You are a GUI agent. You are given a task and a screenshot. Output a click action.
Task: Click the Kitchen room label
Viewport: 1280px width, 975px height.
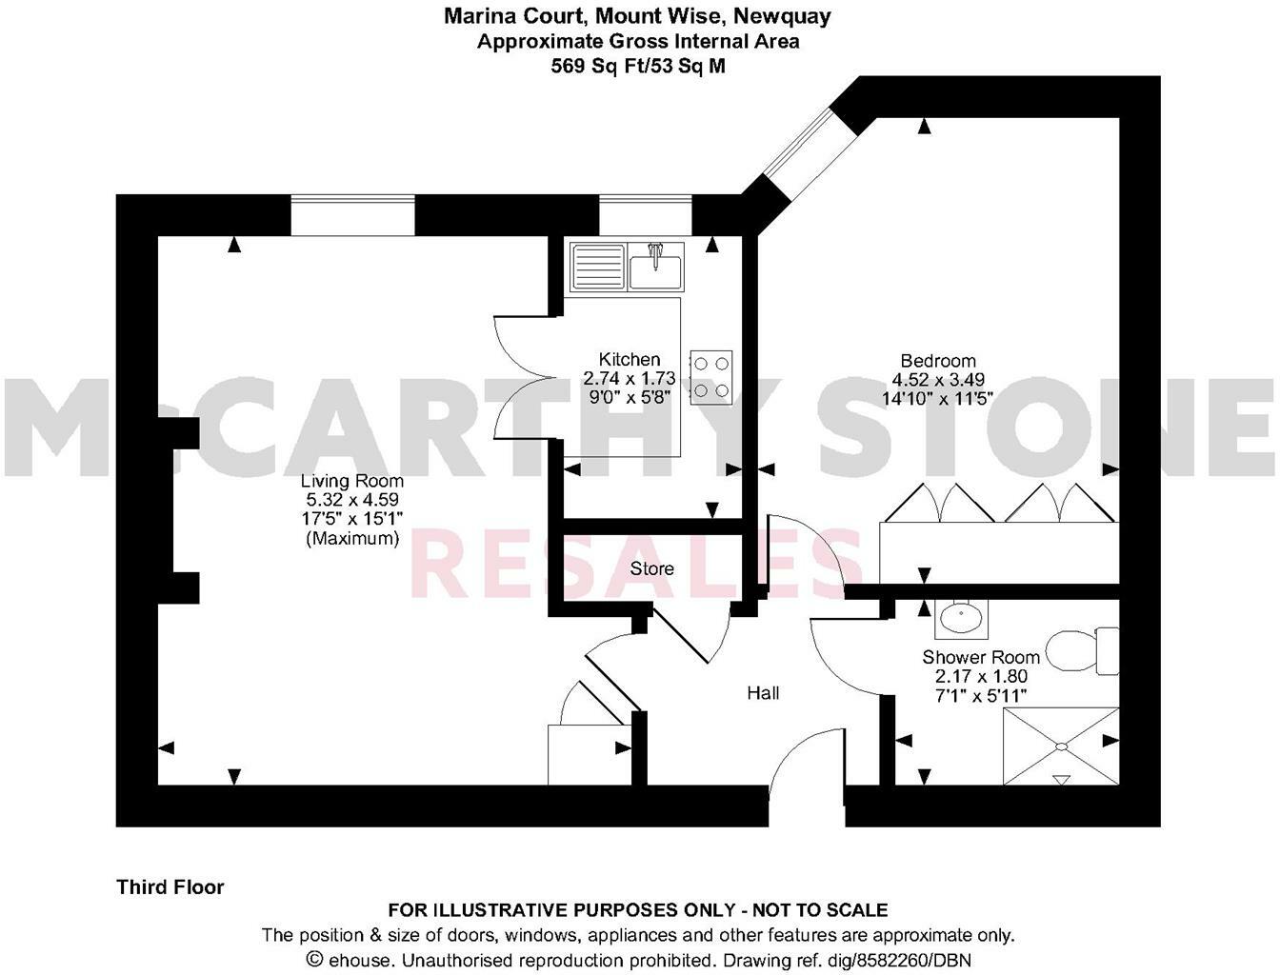pyautogui.click(x=629, y=360)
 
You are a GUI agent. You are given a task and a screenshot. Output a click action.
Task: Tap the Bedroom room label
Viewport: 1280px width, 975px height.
pyautogui.click(x=938, y=361)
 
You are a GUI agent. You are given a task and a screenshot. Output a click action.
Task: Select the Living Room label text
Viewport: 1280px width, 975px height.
pyautogui.click(x=351, y=481)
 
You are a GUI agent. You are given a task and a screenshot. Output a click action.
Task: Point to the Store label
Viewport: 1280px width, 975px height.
pyautogui.click(x=651, y=568)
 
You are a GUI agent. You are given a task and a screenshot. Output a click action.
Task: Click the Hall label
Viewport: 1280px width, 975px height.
pyautogui.click(x=763, y=693)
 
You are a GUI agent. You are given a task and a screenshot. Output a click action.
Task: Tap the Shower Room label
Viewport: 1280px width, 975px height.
pyautogui.click(x=980, y=657)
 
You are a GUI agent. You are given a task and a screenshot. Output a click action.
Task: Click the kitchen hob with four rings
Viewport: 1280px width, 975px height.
pyautogui.click(x=711, y=376)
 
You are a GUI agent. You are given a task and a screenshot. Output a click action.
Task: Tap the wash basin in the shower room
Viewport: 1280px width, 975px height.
pyautogui.click(x=961, y=619)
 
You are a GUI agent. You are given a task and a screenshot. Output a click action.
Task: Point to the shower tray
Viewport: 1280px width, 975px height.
pyautogui.click(x=1061, y=746)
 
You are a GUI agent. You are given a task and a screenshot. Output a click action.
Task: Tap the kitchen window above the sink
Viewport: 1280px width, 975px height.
pyautogui.click(x=645, y=214)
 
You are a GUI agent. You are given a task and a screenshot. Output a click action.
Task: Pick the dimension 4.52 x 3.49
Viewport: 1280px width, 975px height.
pyautogui.click(x=938, y=379)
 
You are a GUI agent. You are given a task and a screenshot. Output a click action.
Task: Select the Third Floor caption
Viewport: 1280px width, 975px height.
pyautogui.click(x=170, y=887)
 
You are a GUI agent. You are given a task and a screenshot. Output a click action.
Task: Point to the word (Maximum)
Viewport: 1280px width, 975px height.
pyautogui.click(x=351, y=538)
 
